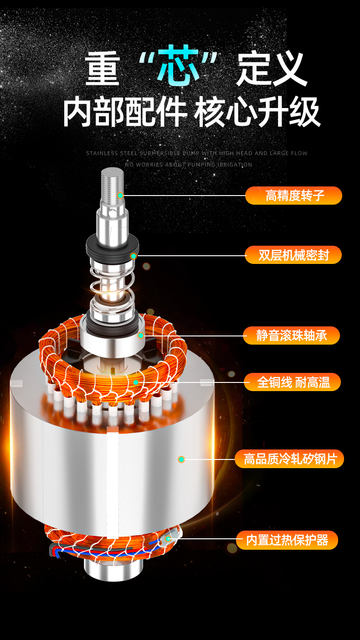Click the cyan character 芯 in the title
coord(178,65)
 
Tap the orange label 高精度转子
coord(294,196)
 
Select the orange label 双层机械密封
coord(293,254)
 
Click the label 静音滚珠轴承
coord(292,335)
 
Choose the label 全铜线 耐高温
coord(292,382)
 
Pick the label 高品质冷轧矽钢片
coord(289,459)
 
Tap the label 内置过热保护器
coord(287,540)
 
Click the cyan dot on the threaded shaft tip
coord(121,196)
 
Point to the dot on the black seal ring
coord(134,256)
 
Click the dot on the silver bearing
coord(140,335)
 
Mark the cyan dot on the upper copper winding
coord(136,382)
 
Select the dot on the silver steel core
coord(181,459)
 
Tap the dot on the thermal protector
coord(168,538)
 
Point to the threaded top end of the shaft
coord(113,183)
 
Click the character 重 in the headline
coord(102,68)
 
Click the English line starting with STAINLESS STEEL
coord(196,153)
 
